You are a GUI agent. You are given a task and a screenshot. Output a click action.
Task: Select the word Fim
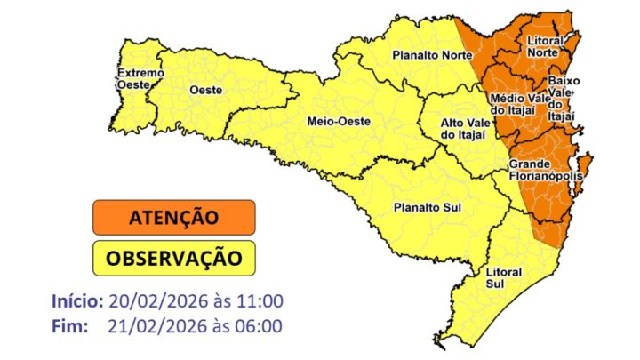click(69, 326)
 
